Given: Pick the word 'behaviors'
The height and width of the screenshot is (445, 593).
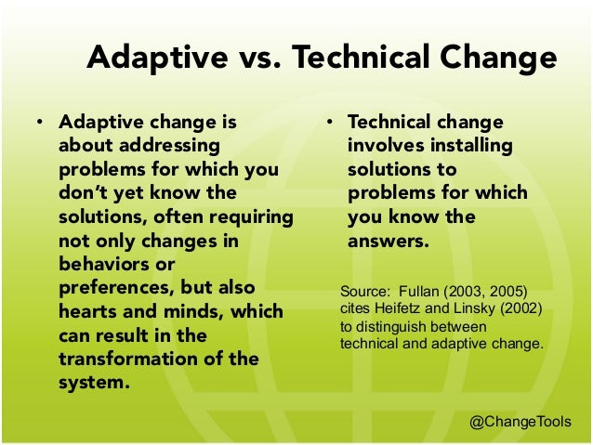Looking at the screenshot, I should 105,264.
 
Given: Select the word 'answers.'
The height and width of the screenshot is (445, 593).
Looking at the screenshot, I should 388,241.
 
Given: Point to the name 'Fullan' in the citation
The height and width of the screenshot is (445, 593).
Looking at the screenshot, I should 420,290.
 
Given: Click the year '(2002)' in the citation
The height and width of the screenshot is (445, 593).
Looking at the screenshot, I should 521,308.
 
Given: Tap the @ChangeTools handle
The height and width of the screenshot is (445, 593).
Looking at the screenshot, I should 521,422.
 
